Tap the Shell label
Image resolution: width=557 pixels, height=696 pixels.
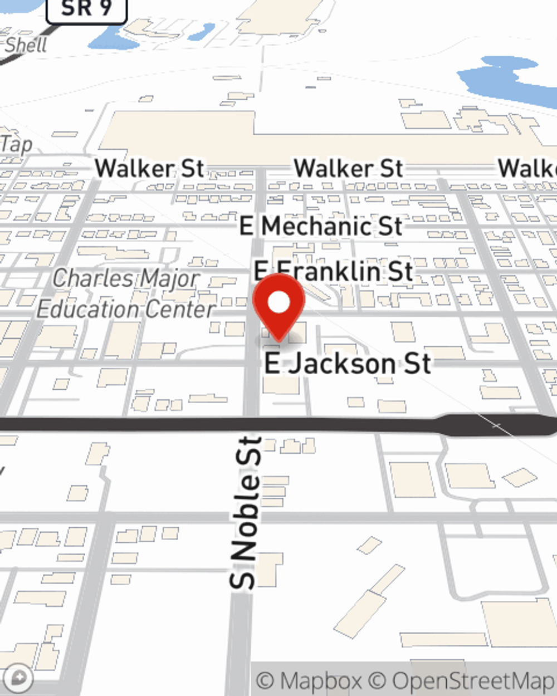tap(26, 45)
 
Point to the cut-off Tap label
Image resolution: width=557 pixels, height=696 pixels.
tap(16, 145)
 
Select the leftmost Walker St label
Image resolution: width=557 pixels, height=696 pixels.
tap(149, 168)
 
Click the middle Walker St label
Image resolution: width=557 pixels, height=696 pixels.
tap(349, 168)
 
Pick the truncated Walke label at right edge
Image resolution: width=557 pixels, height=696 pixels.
tap(527, 168)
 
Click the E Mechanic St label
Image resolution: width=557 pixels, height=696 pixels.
tap(321, 226)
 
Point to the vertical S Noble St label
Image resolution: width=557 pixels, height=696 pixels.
tap(246, 512)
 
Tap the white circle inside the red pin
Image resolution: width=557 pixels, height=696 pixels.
tap(278, 302)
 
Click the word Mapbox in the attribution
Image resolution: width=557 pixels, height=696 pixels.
tap(320, 680)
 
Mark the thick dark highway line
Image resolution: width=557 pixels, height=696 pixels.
tap(223, 425)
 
